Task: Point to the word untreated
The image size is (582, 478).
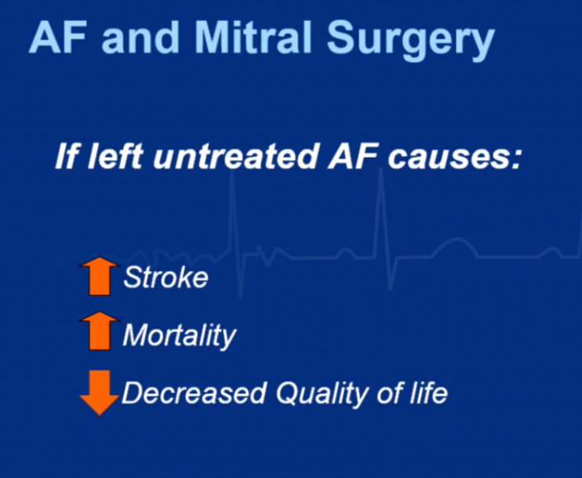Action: [x=235, y=156]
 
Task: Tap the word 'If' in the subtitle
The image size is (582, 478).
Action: [x=68, y=156]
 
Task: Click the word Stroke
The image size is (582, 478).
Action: [x=166, y=277]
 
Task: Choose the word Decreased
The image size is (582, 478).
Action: [x=194, y=392]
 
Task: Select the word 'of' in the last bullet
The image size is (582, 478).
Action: [x=389, y=392]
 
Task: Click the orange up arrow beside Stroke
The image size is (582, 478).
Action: [x=100, y=276]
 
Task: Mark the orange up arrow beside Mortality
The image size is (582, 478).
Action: [x=100, y=331]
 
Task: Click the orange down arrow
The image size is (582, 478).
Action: [x=100, y=392]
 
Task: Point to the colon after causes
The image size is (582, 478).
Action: [x=517, y=159]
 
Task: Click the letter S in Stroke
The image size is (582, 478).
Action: [x=132, y=277]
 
